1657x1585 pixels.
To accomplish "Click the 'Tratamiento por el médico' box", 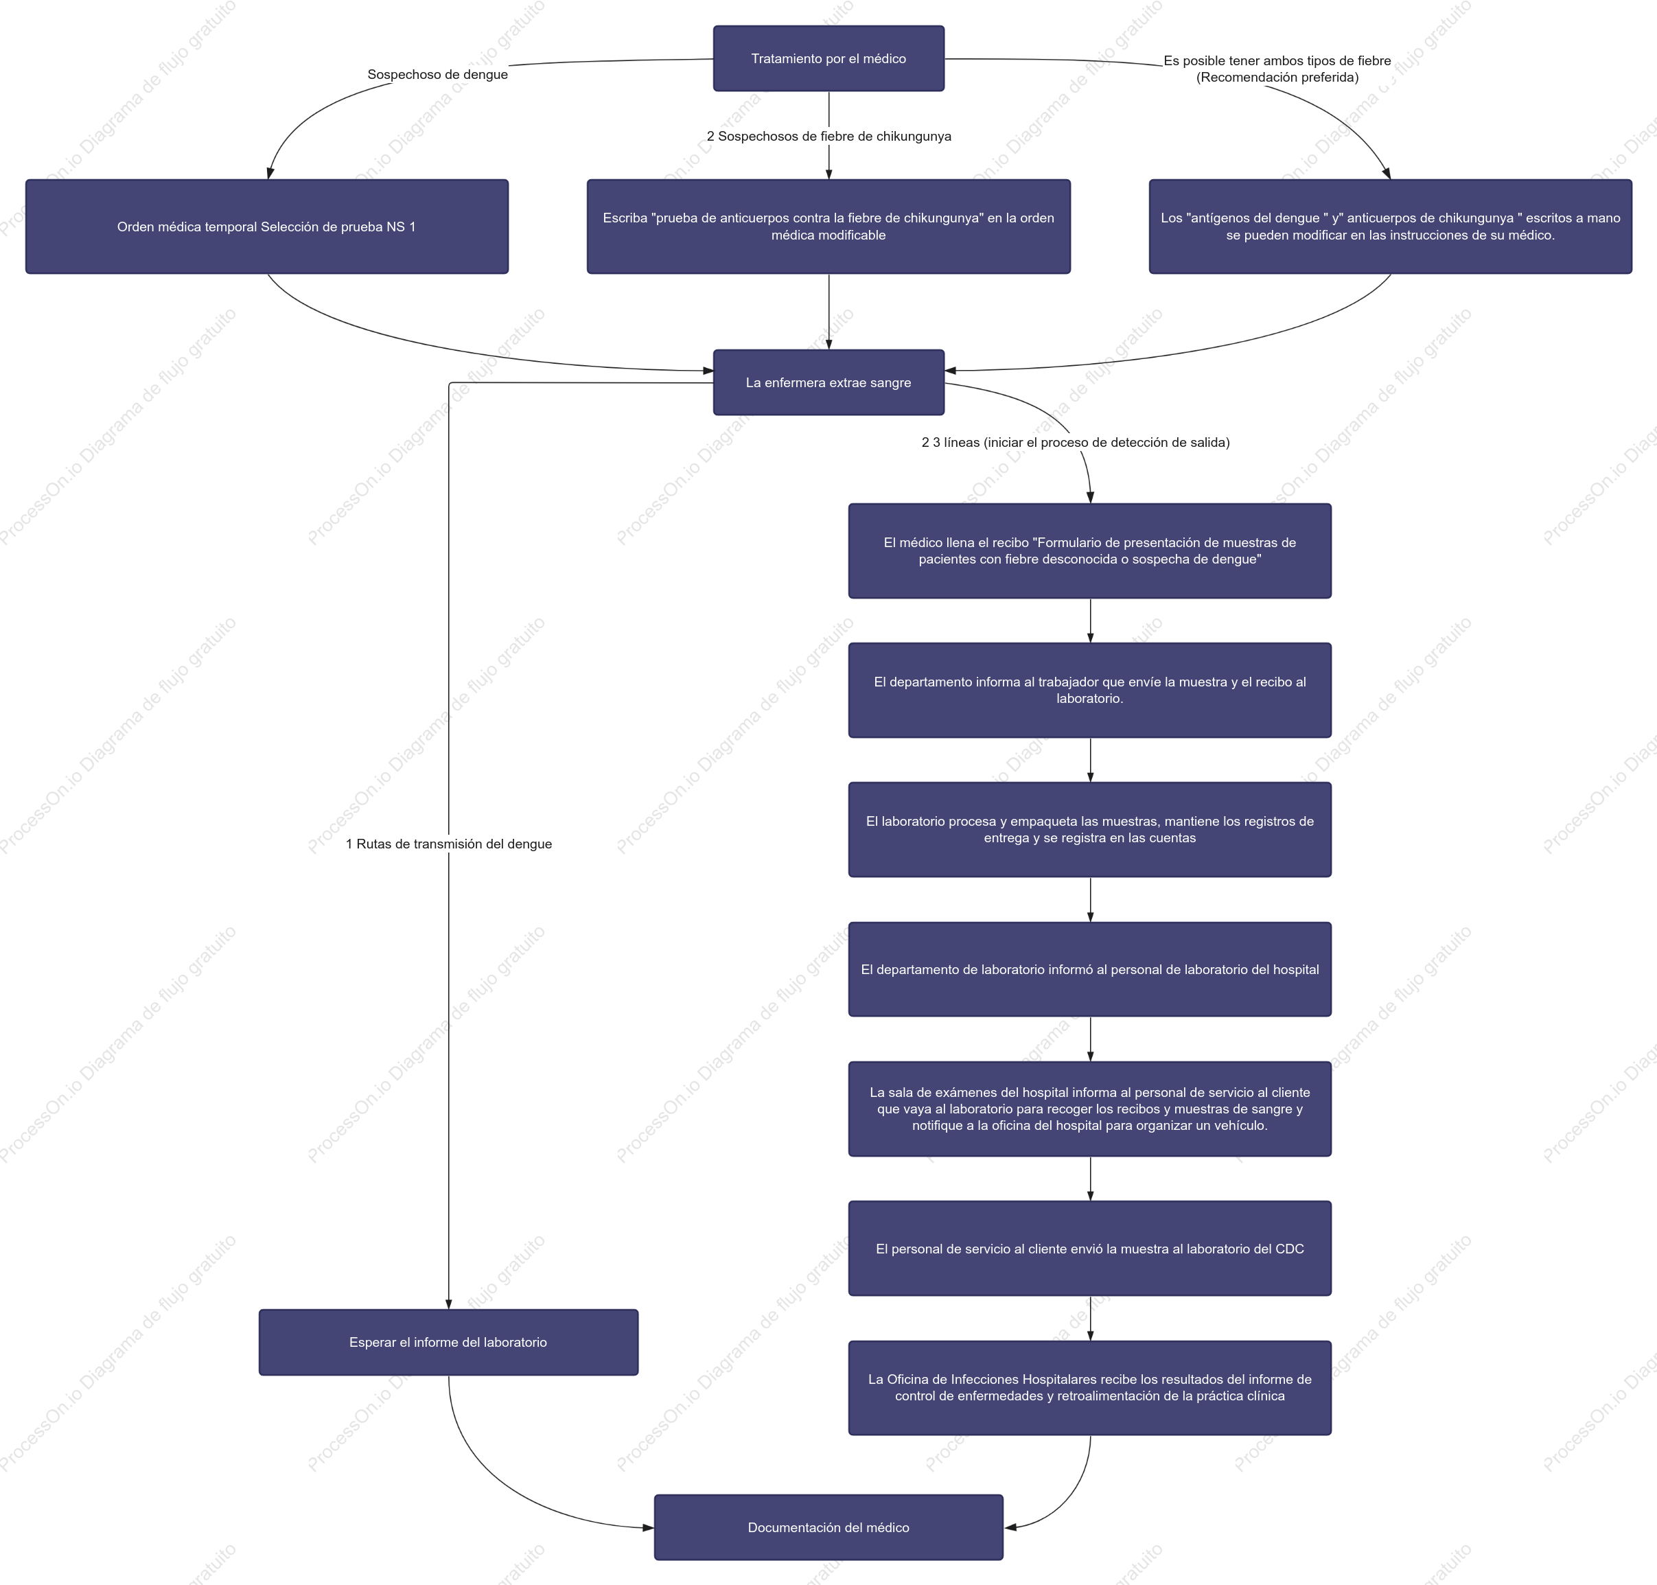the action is [x=828, y=58].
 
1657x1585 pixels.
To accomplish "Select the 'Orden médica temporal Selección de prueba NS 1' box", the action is [x=267, y=227].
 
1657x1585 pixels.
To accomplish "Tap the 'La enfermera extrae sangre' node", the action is [x=828, y=383].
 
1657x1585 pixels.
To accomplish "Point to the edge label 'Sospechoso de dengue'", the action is [x=438, y=74].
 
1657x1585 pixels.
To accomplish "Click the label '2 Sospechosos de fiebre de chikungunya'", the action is [x=829, y=136].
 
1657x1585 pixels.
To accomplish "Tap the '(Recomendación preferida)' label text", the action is [x=1277, y=78].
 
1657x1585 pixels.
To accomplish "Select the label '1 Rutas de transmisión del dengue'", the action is [x=449, y=844].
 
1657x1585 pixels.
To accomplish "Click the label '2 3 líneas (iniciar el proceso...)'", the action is [x=1076, y=443].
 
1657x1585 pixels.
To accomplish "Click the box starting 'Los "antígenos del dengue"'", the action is [x=1391, y=227].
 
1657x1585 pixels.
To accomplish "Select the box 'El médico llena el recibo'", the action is [x=1090, y=551].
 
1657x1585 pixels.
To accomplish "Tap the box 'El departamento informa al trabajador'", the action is [x=1090, y=691].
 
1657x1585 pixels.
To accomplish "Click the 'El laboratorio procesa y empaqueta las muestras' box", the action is [x=1090, y=830].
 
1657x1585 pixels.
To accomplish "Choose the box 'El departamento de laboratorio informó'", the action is [x=1090, y=970].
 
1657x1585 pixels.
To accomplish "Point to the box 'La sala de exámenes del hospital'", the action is [x=1090, y=1109].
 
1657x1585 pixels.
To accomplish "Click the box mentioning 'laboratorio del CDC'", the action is [x=1090, y=1249].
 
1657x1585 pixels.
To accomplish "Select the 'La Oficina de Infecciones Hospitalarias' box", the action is [x=1090, y=1388].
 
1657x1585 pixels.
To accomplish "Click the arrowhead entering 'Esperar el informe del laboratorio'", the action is [x=449, y=1304].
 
